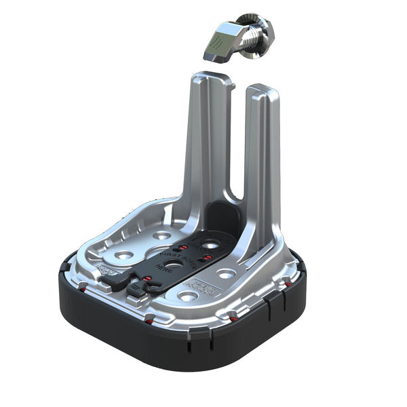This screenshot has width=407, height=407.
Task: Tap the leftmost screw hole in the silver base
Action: (124, 254)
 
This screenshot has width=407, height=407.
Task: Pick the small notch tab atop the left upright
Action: (229, 81)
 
